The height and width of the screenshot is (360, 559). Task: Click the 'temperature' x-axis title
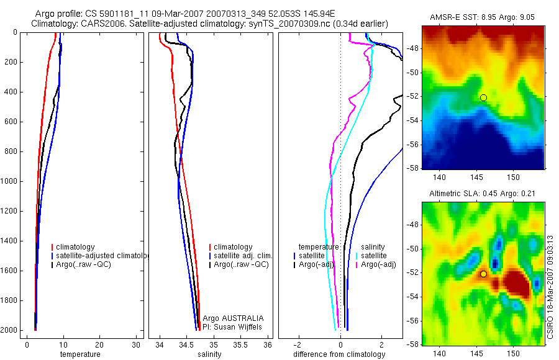click(x=80, y=354)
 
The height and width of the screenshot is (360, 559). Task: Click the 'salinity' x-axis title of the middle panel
click(x=209, y=354)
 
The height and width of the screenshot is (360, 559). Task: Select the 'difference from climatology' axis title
click(x=339, y=354)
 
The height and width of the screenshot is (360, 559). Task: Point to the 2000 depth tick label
click(x=10, y=330)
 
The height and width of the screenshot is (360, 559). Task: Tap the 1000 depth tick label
click(x=10, y=181)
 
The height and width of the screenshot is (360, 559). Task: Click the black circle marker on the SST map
click(x=483, y=97)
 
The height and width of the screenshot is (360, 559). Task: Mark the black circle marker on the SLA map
click(x=483, y=274)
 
